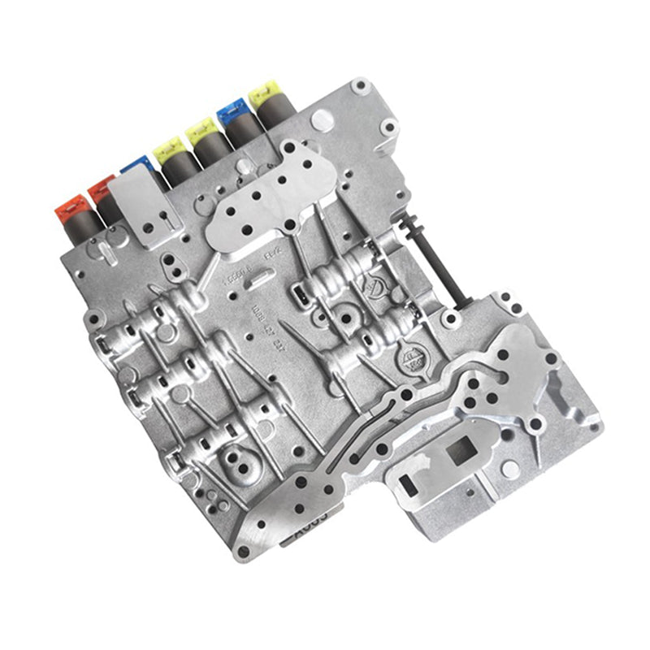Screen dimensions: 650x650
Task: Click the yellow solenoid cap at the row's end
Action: click(x=263, y=91)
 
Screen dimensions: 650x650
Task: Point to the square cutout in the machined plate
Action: click(x=462, y=450)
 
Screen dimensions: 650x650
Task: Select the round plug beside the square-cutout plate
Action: click(x=509, y=468)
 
